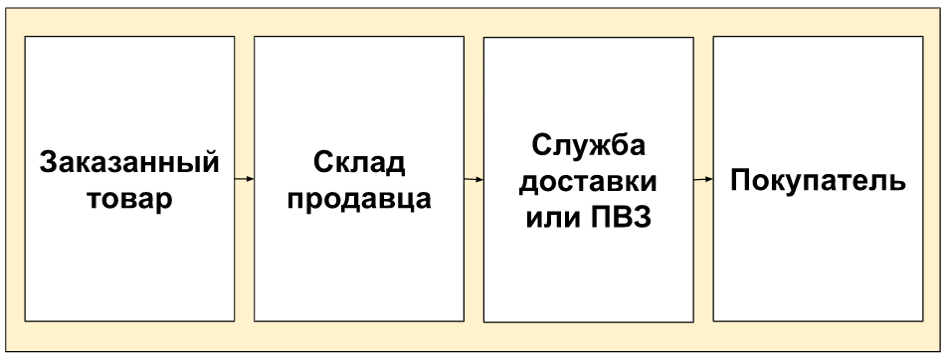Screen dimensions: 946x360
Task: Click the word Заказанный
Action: click(x=129, y=163)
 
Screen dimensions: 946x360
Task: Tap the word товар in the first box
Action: click(x=129, y=200)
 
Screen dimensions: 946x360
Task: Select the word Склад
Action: click(x=359, y=163)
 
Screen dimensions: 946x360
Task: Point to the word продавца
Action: click(x=359, y=200)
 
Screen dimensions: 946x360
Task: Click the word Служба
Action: click(x=588, y=146)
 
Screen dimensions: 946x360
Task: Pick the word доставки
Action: click(x=588, y=182)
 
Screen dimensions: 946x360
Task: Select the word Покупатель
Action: click(x=818, y=181)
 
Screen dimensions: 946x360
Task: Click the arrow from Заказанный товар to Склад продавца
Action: click(x=245, y=178)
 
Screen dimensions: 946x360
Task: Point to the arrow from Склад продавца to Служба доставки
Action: click(x=474, y=179)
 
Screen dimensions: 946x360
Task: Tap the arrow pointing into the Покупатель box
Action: click(x=703, y=179)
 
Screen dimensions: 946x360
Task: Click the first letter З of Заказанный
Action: click(x=49, y=163)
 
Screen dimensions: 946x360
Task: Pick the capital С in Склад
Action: click(x=324, y=163)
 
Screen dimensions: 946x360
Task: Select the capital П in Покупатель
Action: click(x=740, y=180)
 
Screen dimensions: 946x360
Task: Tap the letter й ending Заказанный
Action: click(x=209, y=161)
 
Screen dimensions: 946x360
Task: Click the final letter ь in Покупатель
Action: click(x=897, y=183)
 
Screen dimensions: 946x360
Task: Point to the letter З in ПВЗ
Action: click(x=643, y=217)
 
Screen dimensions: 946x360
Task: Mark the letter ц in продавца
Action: click(x=405, y=202)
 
